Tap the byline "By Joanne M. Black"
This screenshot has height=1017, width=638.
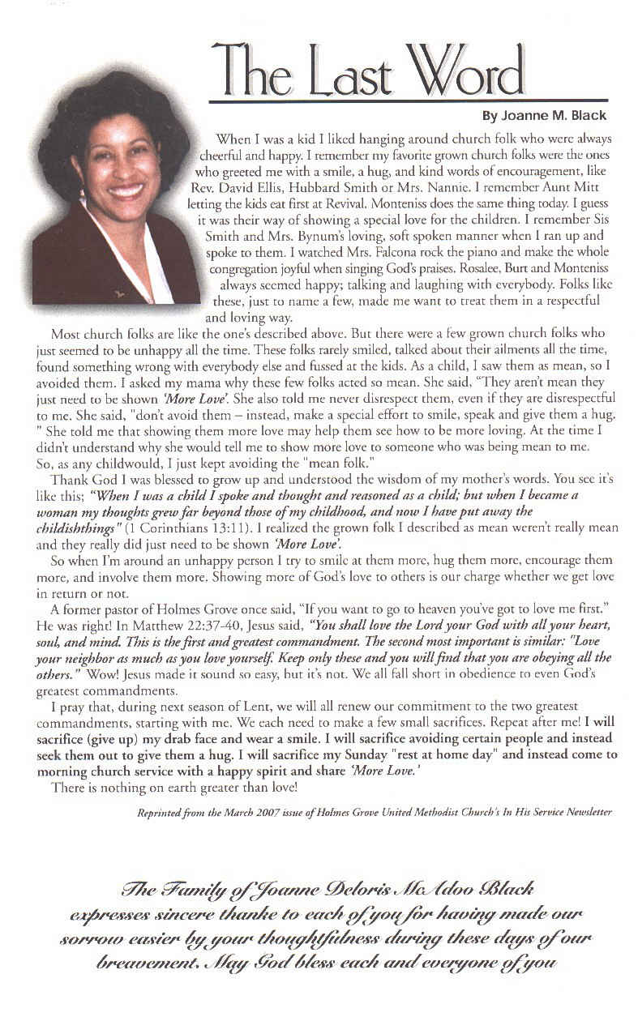tap(544, 116)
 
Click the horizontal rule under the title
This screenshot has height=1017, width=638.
tap(408, 101)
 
